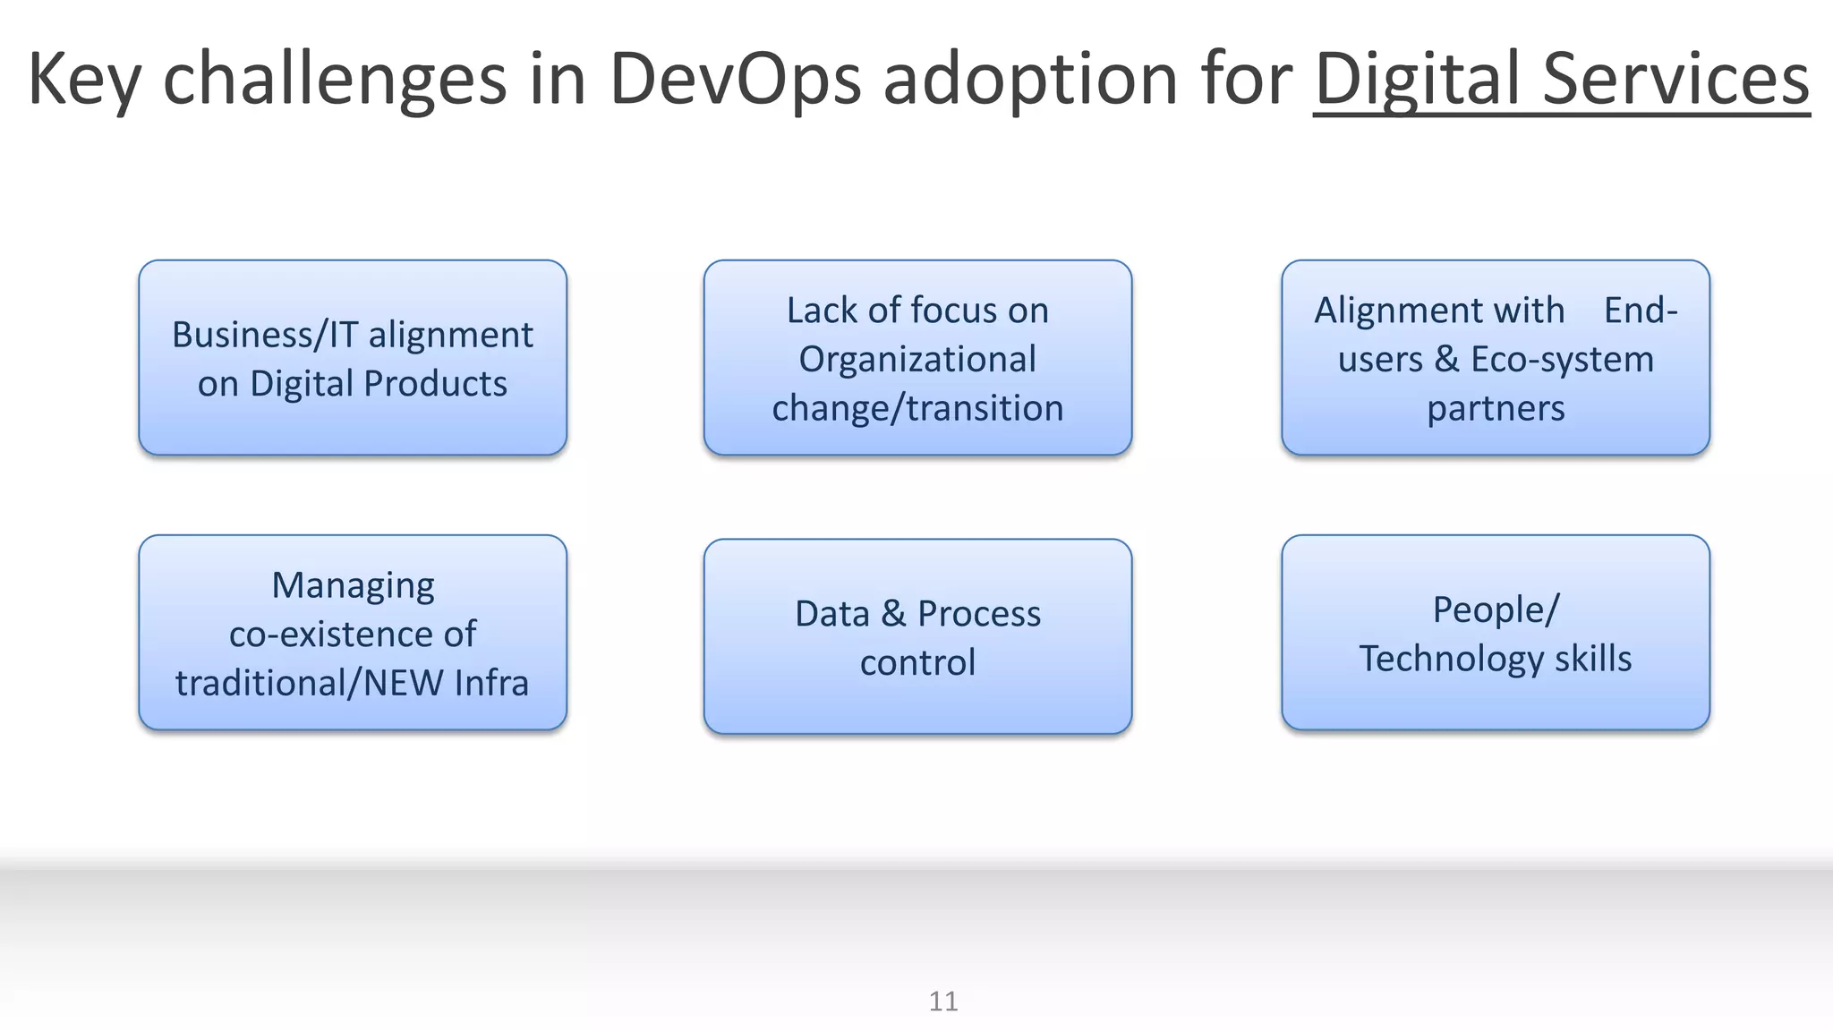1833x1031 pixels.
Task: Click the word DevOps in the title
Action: [x=735, y=79]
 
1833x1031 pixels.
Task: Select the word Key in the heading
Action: [x=84, y=79]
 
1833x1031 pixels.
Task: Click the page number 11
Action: [x=943, y=1001]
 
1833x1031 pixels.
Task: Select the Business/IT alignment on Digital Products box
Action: [x=353, y=358]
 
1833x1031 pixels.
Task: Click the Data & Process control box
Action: [x=917, y=636]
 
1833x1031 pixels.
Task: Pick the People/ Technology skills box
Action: [x=1495, y=633]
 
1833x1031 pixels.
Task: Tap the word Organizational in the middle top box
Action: [x=917, y=359]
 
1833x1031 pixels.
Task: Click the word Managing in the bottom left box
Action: [x=353, y=585]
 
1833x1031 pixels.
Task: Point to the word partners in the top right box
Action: [x=1496, y=408]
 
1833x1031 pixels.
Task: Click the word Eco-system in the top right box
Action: [x=1562, y=359]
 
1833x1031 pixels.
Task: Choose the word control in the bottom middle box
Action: [x=917, y=662]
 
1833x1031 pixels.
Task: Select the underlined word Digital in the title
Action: [x=1418, y=79]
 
